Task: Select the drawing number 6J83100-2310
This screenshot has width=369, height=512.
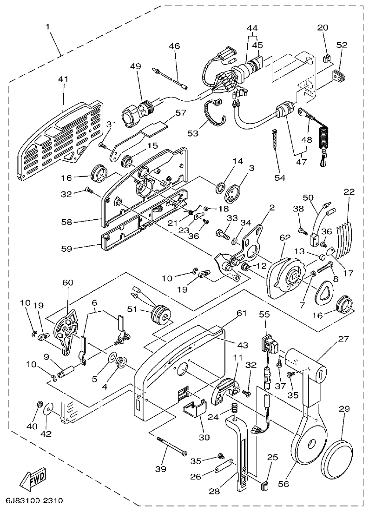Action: point(34,501)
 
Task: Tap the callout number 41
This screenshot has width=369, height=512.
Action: point(63,79)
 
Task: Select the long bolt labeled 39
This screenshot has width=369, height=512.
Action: point(171,446)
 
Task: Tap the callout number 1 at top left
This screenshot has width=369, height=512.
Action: point(48,27)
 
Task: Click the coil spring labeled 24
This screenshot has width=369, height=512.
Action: point(235,409)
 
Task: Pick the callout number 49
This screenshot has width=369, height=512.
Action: point(135,66)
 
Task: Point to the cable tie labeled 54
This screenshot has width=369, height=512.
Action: point(274,140)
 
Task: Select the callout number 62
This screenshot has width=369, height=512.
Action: point(285,237)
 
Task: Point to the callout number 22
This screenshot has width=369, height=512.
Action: point(349,192)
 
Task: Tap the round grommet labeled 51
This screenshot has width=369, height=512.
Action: point(159,313)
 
